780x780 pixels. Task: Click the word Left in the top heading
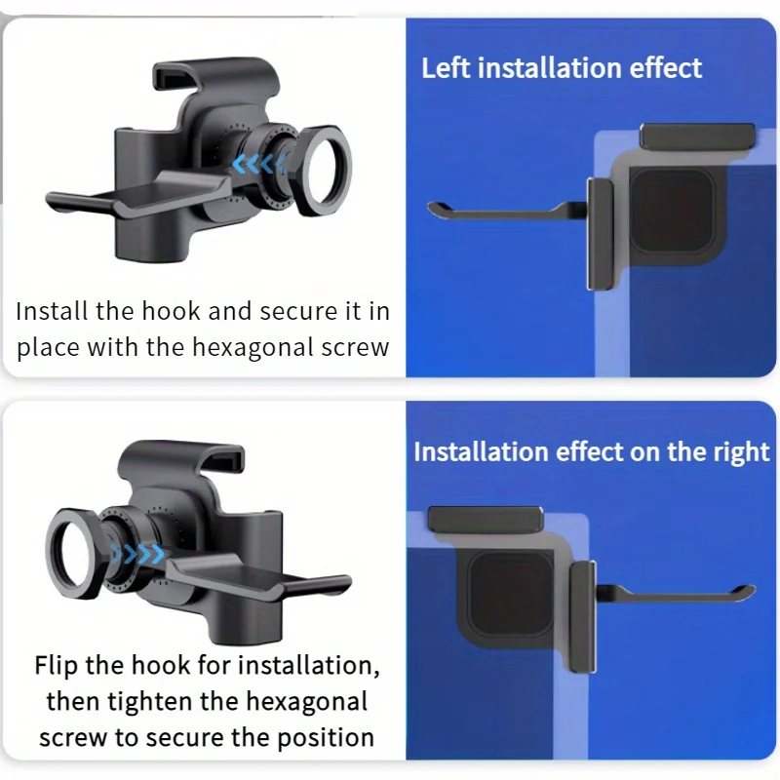[x=446, y=67]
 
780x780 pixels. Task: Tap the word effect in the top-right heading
[x=666, y=67]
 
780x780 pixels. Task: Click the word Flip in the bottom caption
[x=56, y=666]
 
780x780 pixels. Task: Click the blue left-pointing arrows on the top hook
[x=258, y=163]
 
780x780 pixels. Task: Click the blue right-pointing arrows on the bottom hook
[x=137, y=553]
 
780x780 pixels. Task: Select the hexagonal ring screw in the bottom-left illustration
[x=75, y=553]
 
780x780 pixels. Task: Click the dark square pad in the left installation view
[x=672, y=209]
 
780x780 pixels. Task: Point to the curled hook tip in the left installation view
[x=435, y=210]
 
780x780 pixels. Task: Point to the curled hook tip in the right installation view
[x=748, y=592]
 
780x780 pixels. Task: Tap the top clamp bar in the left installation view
[x=697, y=136]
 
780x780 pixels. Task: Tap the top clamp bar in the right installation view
[x=486, y=520]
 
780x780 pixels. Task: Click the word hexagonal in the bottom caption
[x=307, y=702]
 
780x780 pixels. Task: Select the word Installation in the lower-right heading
[x=481, y=452]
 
